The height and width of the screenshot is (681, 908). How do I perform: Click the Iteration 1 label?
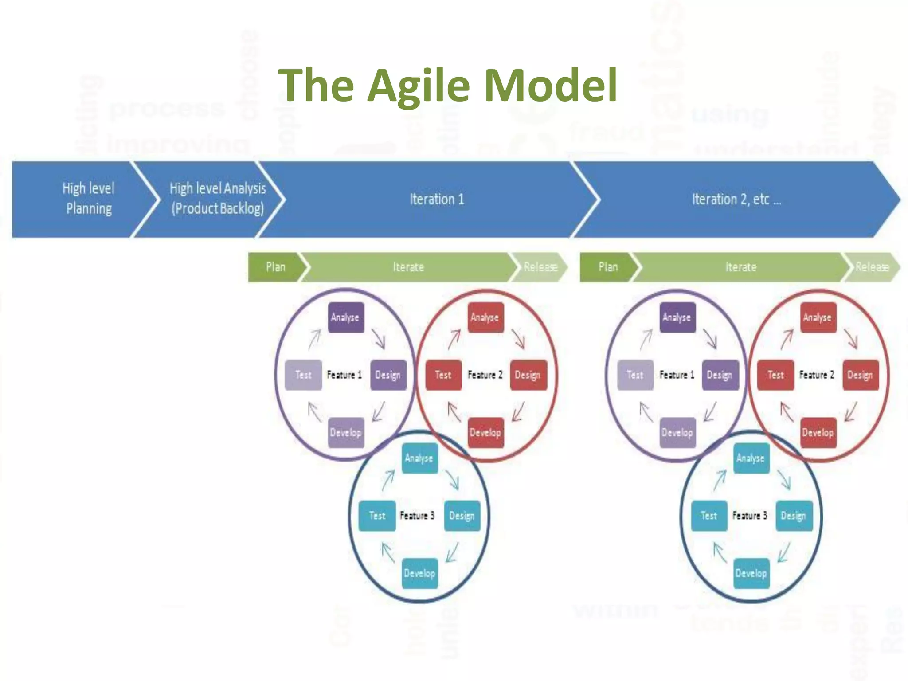pyautogui.click(x=437, y=199)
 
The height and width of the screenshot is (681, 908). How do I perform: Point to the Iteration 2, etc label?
pyautogui.click(x=736, y=199)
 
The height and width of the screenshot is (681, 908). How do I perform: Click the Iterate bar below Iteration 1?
pyautogui.click(x=408, y=267)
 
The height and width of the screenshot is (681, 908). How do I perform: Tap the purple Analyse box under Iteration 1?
pyautogui.click(x=345, y=317)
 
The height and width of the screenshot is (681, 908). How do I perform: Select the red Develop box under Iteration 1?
pyautogui.click(x=485, y=432)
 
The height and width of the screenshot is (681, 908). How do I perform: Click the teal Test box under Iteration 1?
pyautogui.click(x=377, y=516)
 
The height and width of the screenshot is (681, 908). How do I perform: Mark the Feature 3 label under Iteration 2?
pyautogui.click(x=750, y=516)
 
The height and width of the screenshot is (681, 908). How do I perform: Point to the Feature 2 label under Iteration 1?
pyautogui.click(x=485, y=375)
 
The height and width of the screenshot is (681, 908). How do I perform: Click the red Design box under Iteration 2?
pyautogui.click(x=860, y=375)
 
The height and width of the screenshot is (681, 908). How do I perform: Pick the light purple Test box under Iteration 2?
pyautogui.click(x=635, y=375)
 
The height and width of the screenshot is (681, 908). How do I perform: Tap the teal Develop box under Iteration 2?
pyautogui.click(x=751, y=573)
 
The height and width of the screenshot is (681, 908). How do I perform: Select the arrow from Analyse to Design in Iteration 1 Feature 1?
pyautogui.click(x=378, y=338)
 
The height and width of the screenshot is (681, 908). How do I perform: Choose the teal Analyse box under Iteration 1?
pyautogui.click(x=419, y=458)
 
